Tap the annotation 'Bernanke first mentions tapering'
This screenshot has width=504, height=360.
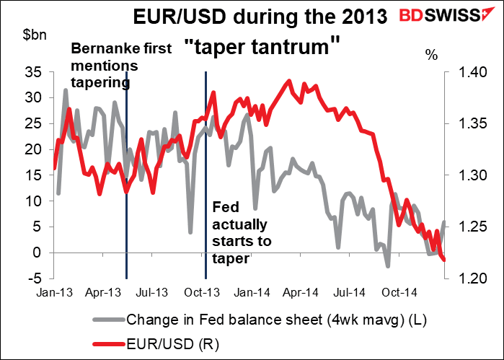pyautogui.click(x=121, y=66)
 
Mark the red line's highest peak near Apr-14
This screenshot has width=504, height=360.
pyautogui.click(x=289, y=81)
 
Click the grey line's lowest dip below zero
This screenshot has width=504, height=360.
pyautogui.click(x=388, y=267)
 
